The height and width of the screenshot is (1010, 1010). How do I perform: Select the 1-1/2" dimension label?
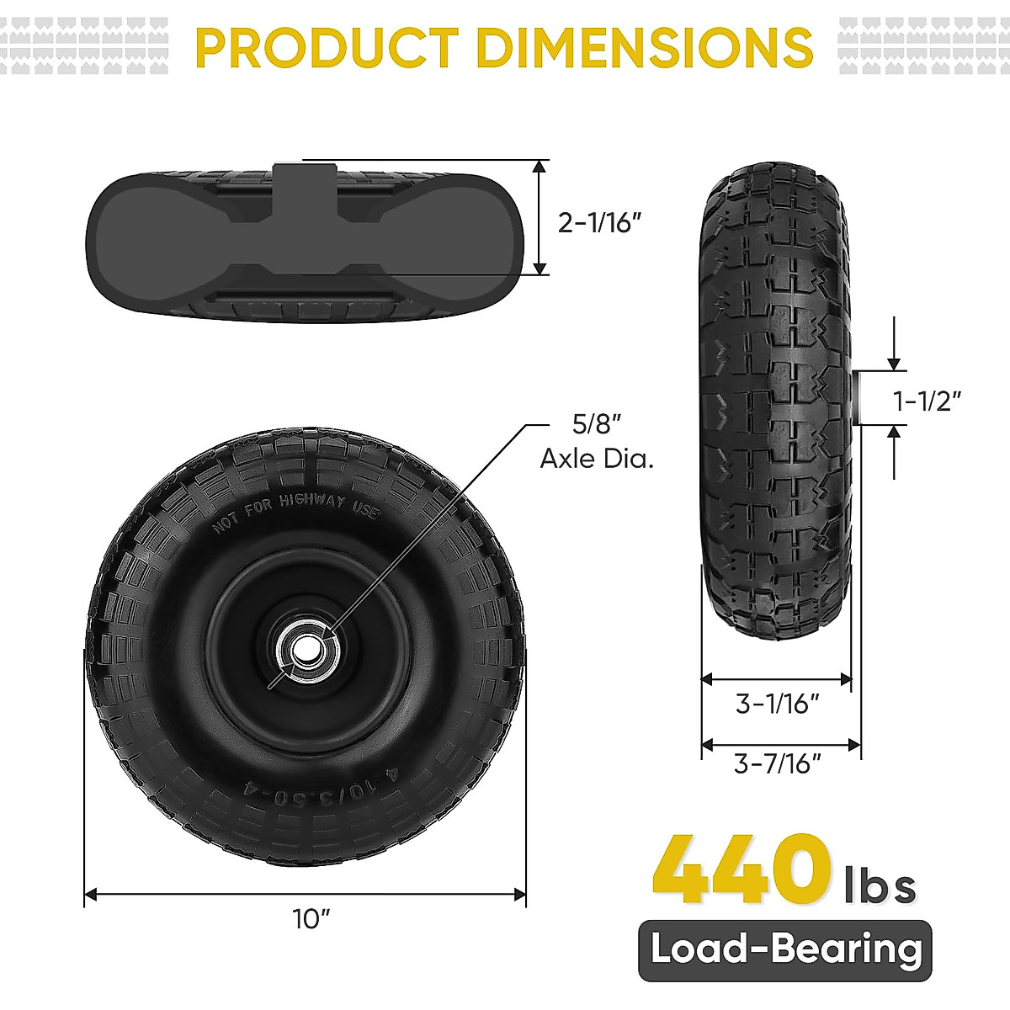click(x=927, y=401)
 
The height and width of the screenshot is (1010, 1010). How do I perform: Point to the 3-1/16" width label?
click(x=777, y=703)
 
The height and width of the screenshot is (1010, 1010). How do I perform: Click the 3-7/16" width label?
click(x=777, y=763)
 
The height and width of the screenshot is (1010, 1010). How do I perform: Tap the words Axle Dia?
click(x=597, y=459)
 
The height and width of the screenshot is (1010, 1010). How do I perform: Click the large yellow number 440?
click(x=739, y=869)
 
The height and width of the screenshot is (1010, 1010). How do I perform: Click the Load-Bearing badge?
click(x=785, y=950)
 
